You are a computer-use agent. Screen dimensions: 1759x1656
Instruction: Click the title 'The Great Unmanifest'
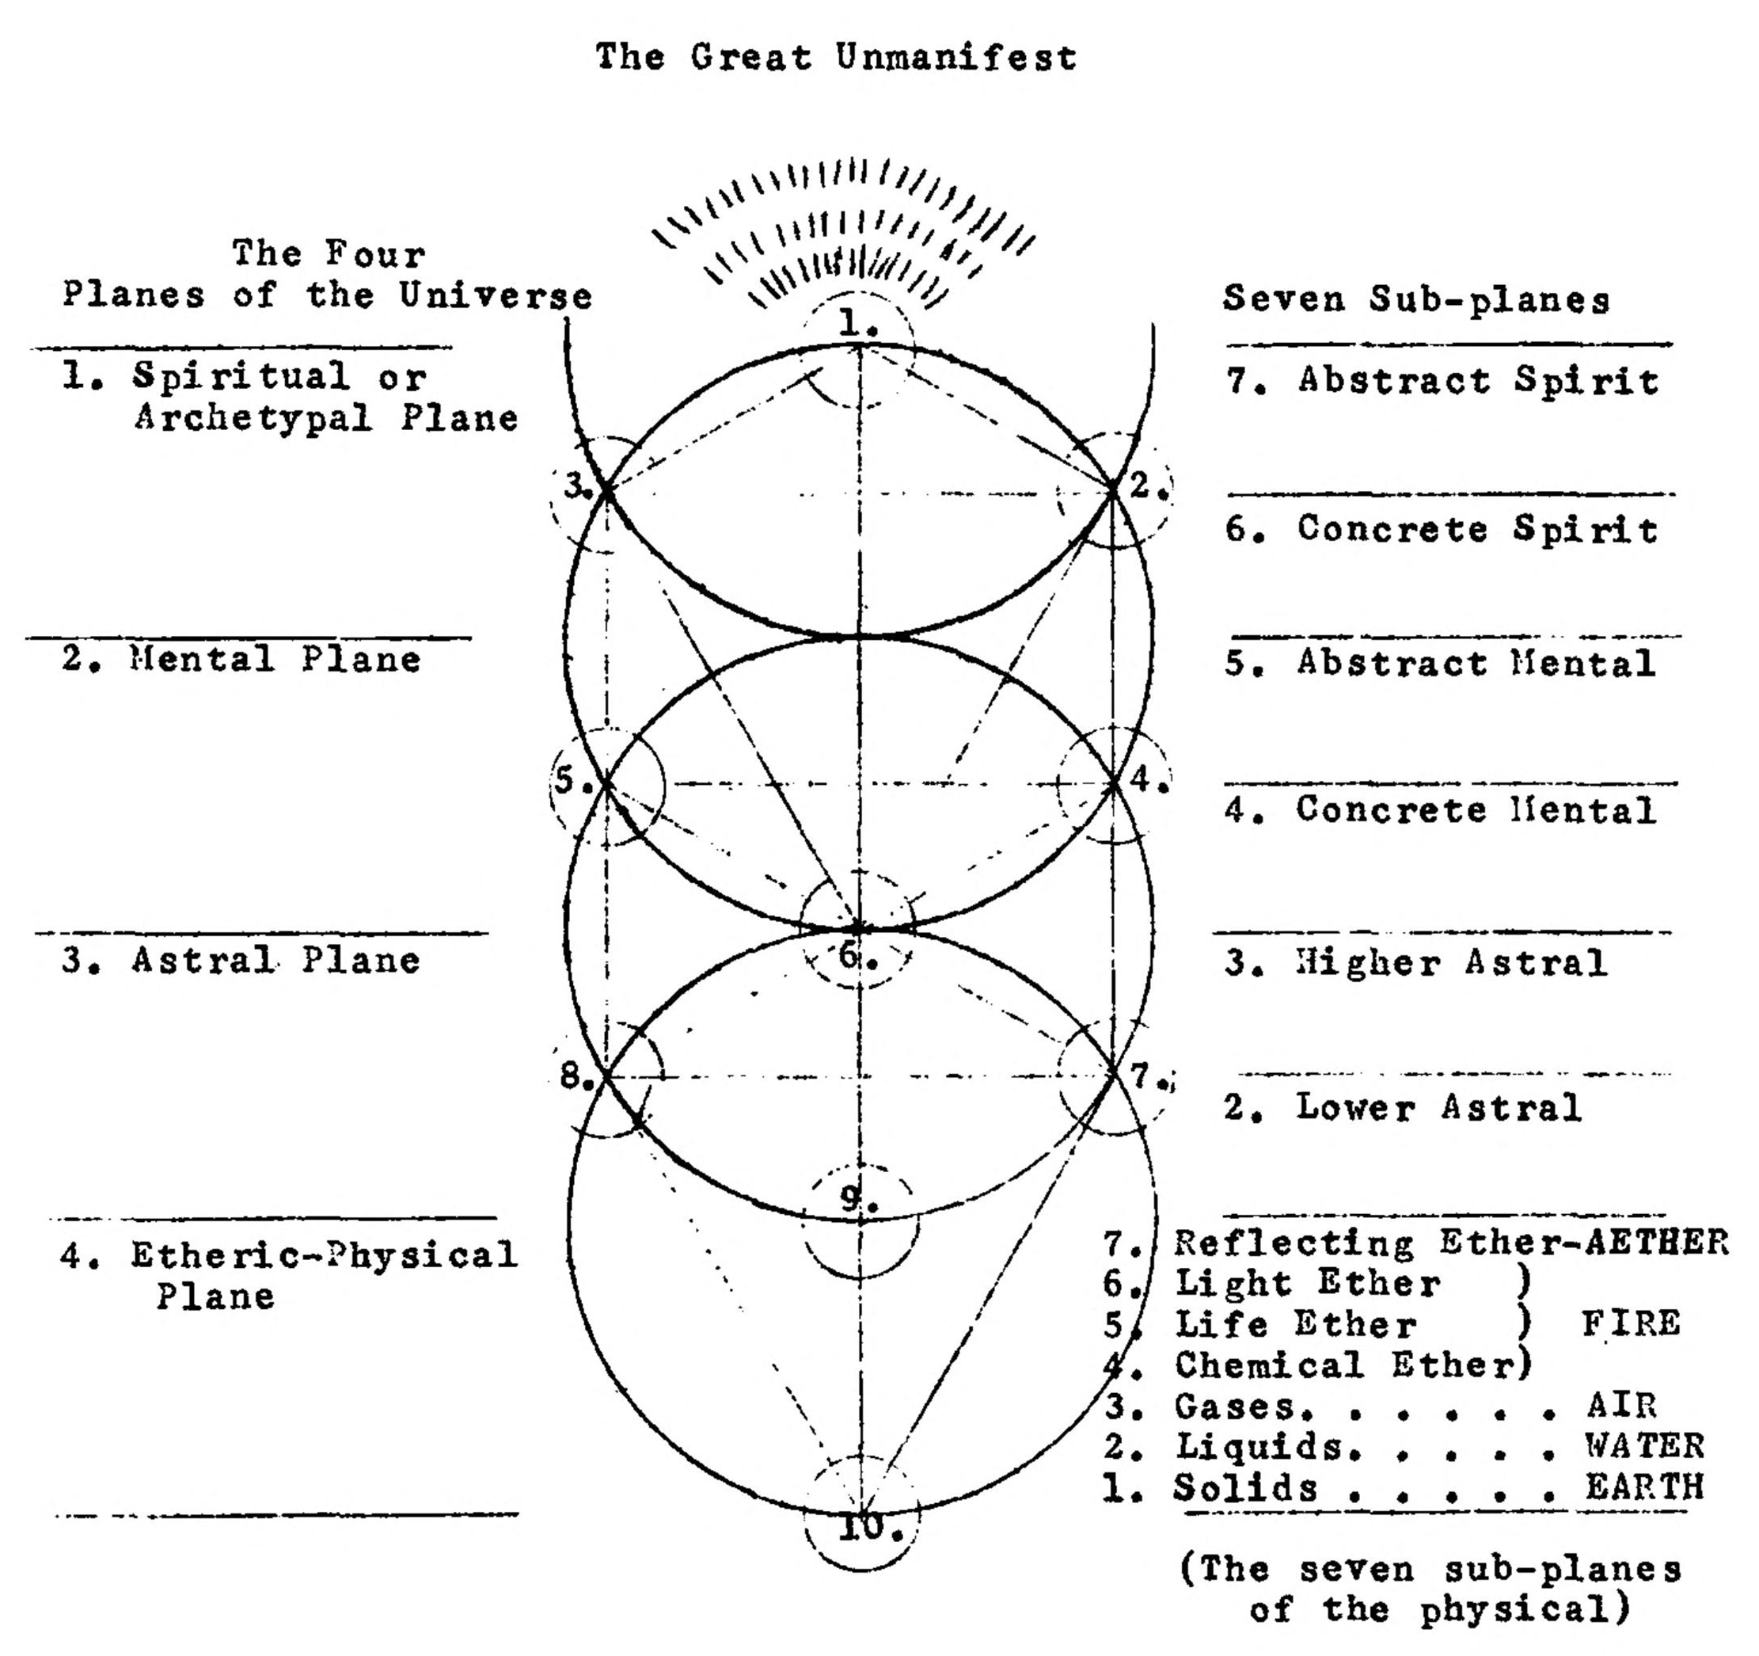pyautogui.click(x=836, y=58)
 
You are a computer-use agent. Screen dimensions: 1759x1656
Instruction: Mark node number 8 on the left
pyautogui.click(x=577, y=1077)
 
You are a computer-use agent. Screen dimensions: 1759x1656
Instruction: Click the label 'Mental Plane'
pyautogui.click(x=276, y=660)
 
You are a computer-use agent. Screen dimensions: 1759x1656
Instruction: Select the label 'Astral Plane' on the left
pyautogui.click(x=276, y=961)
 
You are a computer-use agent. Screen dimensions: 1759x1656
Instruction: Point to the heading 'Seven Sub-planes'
pyautogui.click(x=1416, y=299)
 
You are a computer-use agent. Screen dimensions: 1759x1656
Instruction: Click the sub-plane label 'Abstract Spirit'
pyautogui.click(x=1478, y=381)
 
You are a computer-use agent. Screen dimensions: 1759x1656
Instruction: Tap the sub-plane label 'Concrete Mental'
pyautogui.click(x=1476, y=810)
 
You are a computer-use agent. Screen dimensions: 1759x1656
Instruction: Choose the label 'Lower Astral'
pyautogui.click(x=1438, y=1107)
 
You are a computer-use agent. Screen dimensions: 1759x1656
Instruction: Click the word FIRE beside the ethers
pyautogui.click(x=1631, y=1324)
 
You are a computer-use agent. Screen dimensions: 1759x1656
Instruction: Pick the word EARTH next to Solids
pyautogui.click(x=1644, y=1487)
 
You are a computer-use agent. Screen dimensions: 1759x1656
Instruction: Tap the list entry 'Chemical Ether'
pyautogui.click(x=1345, y=1365)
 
